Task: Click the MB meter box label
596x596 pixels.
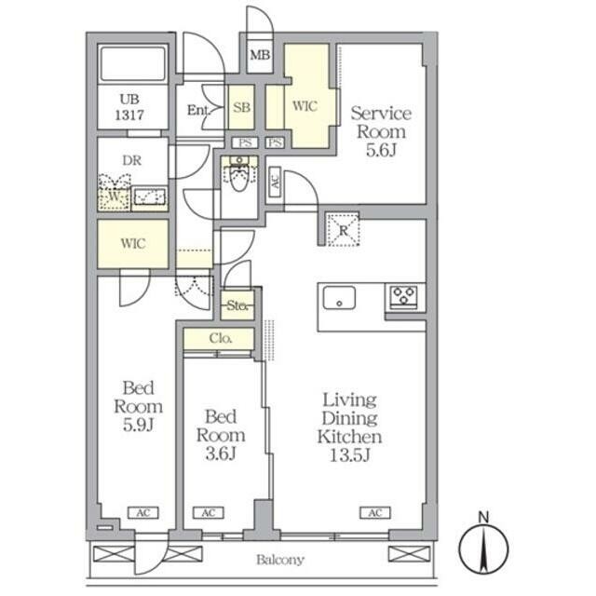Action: tap(260, 56)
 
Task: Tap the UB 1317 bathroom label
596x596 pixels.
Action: tap(129, 107)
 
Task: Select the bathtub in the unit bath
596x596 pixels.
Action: tap(132, 63)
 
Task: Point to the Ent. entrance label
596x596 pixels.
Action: tap(198, 110)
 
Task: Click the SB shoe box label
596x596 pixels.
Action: tap(242, 108)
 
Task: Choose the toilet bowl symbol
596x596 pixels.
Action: tap(239, 176)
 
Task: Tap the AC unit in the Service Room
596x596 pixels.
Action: tap(275, 183)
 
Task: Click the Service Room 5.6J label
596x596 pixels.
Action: tap(381, 131)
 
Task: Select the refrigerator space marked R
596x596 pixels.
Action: tap(343, 230)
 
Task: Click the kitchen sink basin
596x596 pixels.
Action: tap(339, 298)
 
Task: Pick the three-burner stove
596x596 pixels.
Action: tap(403, 296)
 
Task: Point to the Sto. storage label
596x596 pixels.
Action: tap(237, 305)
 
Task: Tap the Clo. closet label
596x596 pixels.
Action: tap(221, 338)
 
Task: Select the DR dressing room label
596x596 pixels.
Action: tap(132, 160)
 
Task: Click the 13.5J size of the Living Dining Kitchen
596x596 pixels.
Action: tap(350, 455)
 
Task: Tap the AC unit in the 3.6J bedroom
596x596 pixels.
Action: tap(209, 513)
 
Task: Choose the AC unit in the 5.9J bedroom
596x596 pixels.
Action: tap(143, 513)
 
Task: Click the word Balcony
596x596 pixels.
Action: tap(280, 560)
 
